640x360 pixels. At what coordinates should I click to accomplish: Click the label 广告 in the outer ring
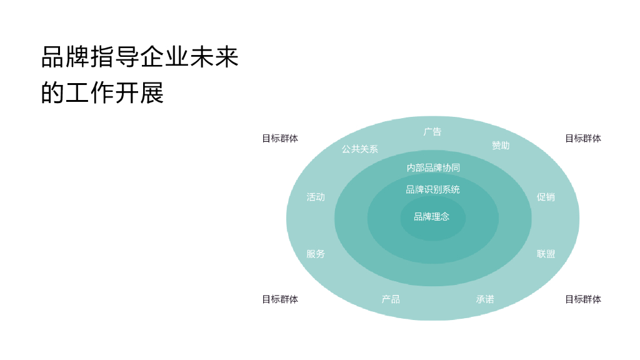click(432, 132)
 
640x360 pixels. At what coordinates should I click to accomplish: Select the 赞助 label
click(501, 146)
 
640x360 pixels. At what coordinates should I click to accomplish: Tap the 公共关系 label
click(359, 149)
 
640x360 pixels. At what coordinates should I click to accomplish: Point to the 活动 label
click(316, 197)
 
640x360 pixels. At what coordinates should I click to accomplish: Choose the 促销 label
click(546, 197)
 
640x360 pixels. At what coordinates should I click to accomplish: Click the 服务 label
click(316, 254)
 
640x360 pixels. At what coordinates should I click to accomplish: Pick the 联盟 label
click(546, 254)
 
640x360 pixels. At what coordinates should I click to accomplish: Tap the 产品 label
click(391, 299)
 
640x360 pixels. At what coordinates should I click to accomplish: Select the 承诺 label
click(485, 299)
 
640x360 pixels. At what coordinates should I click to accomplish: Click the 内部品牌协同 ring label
click(433, 167)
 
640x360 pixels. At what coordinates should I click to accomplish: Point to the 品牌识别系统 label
click(432, 189)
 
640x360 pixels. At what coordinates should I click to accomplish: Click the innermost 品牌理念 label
click(431, 217)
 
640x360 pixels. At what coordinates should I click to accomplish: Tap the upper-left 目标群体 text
click(280, 139)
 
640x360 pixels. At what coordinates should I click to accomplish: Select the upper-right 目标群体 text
click(583, 139)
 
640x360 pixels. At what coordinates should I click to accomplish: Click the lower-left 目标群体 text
click(280, 299)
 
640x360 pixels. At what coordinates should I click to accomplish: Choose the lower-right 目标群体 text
click(583, 299)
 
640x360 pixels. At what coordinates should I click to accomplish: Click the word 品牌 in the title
click(66, 57)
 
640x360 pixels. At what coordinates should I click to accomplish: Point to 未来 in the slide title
click(214, 57)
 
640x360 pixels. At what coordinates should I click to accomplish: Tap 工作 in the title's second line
click(90, 92)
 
